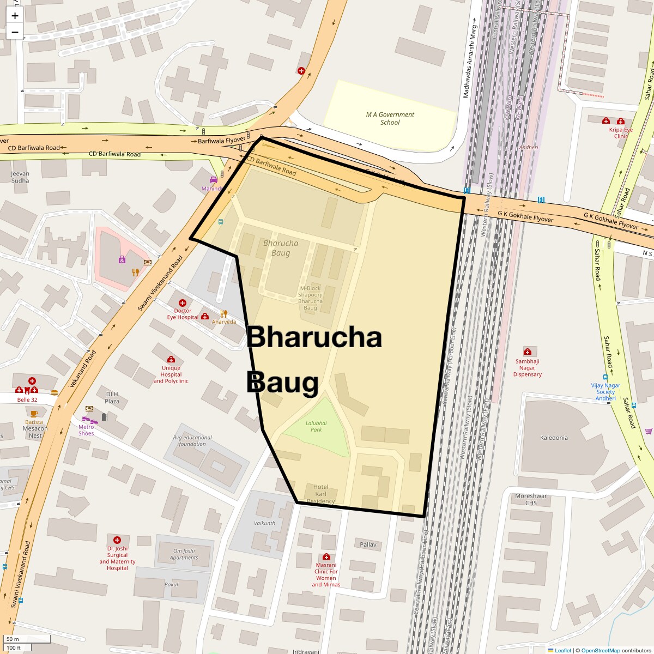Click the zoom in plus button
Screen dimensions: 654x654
click(x=15, y=16)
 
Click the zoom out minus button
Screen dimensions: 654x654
click(x=15, y=32)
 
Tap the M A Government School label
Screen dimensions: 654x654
click(x=390, y=118)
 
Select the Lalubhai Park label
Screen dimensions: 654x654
click(x=316, y=426)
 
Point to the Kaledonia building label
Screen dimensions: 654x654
click(x=554, y=438)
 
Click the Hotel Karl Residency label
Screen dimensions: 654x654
click(x=320, y=494)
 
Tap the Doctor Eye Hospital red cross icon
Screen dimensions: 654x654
click(x=183, y=302)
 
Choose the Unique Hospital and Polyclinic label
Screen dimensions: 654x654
click(x=171, y=374)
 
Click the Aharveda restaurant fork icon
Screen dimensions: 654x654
click(x=224, y=313)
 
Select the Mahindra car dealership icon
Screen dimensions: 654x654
click(x=214, y=180)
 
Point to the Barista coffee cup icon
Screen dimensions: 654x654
click(x=34, y=414)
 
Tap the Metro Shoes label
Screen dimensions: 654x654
click(x=86, y=430)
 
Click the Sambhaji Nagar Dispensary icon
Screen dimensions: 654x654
click(x=527, y=352)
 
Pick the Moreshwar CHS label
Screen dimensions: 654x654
click(x=531, y=499)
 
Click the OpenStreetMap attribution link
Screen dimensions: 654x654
click(x=600, y=650)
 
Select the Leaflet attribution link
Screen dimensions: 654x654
click(x=563, y=650)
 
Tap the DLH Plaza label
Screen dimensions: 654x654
click(x=112, y=397)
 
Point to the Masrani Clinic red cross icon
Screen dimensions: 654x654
click(x=326, y=556)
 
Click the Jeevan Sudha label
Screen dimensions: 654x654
click(x=20, y=177)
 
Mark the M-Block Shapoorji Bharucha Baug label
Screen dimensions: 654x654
click(x=310, y=298)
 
